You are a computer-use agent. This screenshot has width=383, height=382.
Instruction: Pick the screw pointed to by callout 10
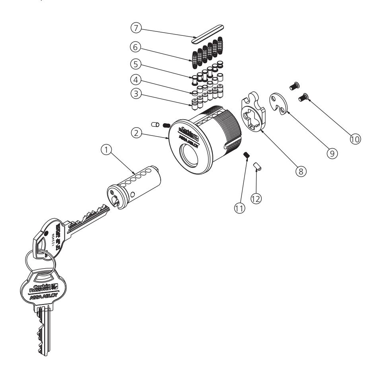click(x=305, y=95)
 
